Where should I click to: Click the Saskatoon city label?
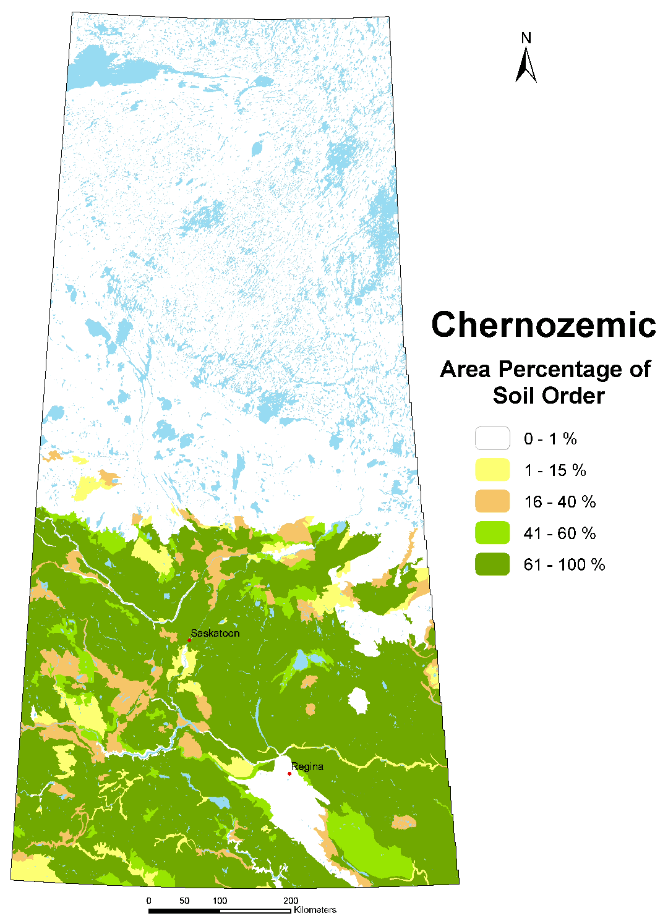pos(215,633)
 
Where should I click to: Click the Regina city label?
pos(307,766)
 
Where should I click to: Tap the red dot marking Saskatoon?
pos(189,640)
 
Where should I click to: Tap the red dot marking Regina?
pos(289,773)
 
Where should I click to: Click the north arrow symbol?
pos(526,65)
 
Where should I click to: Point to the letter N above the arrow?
pos(526,38)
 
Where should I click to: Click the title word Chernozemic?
pos(543,325)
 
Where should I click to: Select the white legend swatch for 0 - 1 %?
pos(492,438)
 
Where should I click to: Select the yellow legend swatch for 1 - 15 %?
pos(492,470)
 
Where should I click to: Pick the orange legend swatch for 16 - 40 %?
pos(492,501)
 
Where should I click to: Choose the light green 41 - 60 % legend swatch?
pos(492,533)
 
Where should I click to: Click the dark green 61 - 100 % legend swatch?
pos(492,564)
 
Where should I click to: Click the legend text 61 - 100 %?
pos(564,564)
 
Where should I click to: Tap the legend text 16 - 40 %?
pos(560,501)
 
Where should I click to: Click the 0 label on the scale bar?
pos(149,901)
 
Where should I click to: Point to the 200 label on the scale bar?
pos(291,901)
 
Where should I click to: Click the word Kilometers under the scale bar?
pos(315,910)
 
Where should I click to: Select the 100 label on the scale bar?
pos(220,901)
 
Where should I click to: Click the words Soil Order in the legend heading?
pos(549,396)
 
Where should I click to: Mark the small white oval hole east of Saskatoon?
pos(358,701)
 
